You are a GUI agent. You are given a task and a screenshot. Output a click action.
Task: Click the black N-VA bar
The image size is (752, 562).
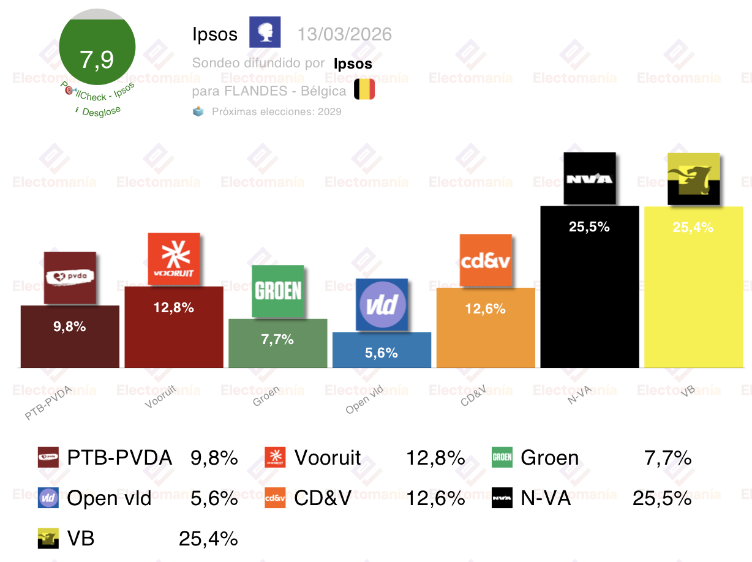589,294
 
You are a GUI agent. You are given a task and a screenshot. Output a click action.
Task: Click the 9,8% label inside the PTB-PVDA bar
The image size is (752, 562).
70,327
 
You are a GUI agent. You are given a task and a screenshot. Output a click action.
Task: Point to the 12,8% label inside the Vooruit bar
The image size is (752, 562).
174,308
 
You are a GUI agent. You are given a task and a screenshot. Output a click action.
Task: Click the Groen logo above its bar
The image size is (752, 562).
278,291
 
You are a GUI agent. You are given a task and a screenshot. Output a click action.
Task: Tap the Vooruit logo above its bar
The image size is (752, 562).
174,258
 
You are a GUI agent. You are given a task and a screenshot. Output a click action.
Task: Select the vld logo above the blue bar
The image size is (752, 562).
382,305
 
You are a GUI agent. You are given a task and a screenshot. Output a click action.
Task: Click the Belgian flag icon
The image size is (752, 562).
364,90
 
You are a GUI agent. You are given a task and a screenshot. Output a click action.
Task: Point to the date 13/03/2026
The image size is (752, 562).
344,34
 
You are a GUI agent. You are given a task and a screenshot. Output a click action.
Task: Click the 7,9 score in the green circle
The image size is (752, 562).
97,60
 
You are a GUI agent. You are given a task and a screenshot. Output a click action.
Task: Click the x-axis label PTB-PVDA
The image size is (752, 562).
48,403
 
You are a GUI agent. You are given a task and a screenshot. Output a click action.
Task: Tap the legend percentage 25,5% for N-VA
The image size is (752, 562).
662,499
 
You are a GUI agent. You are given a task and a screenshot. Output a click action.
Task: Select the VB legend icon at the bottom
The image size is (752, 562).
48,539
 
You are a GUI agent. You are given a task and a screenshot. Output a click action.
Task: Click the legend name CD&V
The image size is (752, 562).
323,499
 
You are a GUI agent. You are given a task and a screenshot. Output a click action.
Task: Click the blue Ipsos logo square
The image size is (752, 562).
265,32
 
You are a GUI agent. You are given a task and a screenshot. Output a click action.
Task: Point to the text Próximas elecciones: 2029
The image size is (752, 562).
276,111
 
